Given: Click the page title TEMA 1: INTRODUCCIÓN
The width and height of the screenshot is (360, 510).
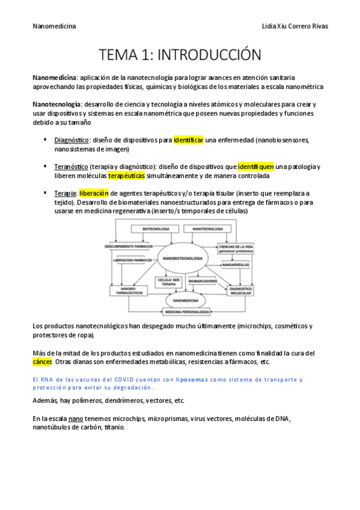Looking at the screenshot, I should click(180, 55).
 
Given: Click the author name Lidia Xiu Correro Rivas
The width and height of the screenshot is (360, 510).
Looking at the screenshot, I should click(296, 27).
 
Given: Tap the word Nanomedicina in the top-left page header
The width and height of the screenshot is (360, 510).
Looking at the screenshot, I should click(53, 27).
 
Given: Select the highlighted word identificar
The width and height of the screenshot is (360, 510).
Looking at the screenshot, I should click(189, 140).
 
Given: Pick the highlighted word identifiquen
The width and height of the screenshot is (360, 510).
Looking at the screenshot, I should click(256, 167).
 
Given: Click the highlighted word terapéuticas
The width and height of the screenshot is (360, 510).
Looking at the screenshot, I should click(127, 176).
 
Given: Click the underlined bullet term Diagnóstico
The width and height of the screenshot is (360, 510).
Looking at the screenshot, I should click(72, 140).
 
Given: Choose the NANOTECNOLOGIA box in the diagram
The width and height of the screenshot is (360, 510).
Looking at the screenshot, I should click(207, 230).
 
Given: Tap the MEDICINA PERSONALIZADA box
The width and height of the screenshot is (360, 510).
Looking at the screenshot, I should click(187, 312).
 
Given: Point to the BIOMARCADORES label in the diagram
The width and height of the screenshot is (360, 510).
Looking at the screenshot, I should click(204, 281).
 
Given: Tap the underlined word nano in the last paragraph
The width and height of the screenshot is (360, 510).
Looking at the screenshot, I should click(75, 418).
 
